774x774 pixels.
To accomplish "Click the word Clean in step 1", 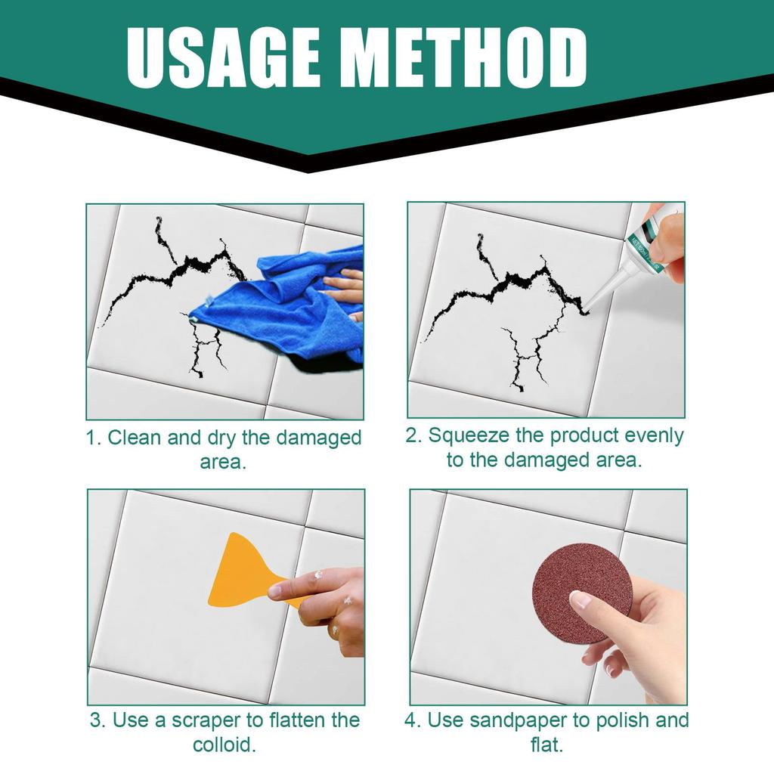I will (138, 438).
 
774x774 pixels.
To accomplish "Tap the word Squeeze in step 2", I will (469, 436).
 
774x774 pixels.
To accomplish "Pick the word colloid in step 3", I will (224, 745).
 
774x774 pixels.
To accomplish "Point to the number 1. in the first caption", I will (94, 438).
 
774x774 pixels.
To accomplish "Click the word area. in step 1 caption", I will (224, 462).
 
